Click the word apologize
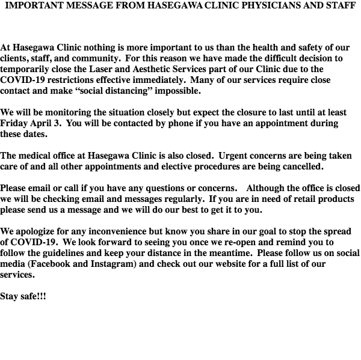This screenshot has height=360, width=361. [41, 231]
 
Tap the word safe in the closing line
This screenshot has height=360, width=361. [32, 297]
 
